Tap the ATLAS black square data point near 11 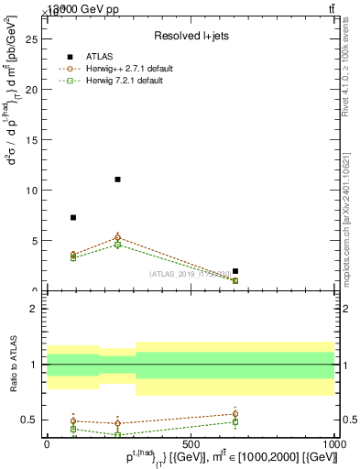117,180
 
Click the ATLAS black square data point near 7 73,217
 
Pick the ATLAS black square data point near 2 235,271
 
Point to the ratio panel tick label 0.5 28,420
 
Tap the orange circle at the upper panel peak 117,237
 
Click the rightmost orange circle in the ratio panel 235,414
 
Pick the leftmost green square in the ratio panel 73,429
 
